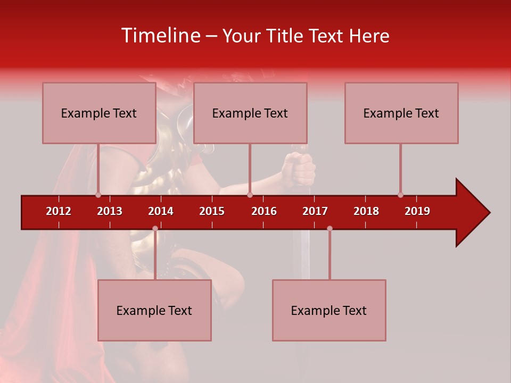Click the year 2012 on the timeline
click(x=59, y=211)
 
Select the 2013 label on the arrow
click(x=110, y=211)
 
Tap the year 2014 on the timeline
click(x=161, y=211)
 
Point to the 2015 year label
click(x=212, y=211)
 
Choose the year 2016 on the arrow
click(x=264, y=211)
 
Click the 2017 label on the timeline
click(x=315, y=211)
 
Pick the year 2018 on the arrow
click(x=366, y=211)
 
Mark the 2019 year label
click(x=417, y=211)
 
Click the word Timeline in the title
click(x=160, y=36)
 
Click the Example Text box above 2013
click(x=99, y=113)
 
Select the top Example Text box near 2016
click(x=250, y=113)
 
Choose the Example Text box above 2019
click(x=401, y=113)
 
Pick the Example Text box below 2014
click(x=154, y=310)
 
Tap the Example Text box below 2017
click(x=329, y=310)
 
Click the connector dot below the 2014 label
click(x=155, y=228)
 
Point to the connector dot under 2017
click(x=329, y=228)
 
